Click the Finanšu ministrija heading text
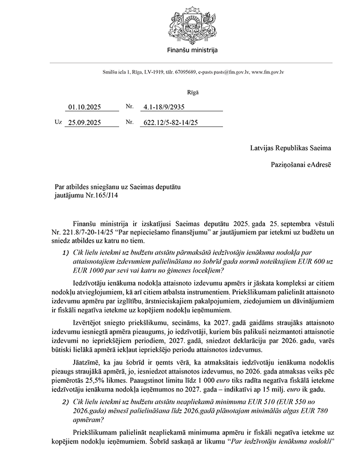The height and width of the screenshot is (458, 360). (191, 50)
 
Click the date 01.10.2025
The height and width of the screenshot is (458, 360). (85, 107)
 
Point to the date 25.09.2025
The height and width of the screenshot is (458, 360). (85, 122)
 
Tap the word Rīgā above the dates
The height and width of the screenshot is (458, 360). (192, 92)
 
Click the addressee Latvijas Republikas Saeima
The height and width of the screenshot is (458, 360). (290, 148)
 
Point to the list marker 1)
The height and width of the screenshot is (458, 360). (66, 252)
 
